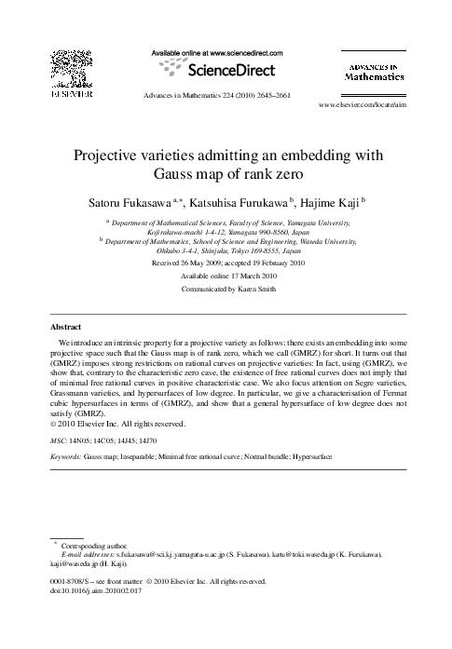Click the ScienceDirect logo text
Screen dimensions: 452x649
(x=225, y=70)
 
